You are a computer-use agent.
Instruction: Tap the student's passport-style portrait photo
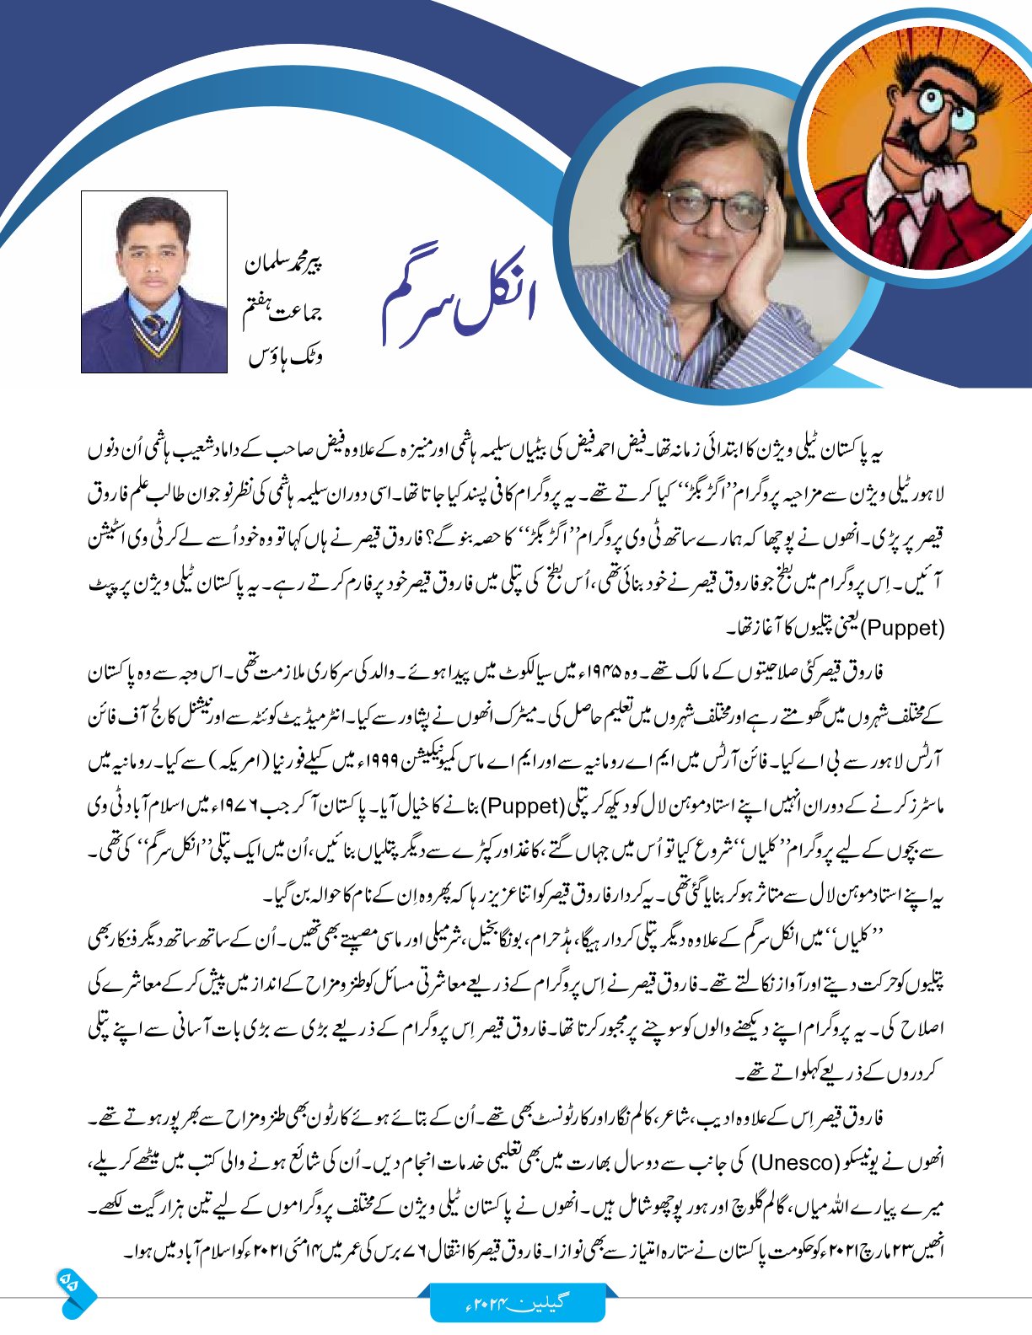(x=154, y=281)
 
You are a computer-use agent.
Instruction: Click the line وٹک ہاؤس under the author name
(x=286, y=358)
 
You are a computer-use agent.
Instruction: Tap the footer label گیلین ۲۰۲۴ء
(x=518, y=1302)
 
